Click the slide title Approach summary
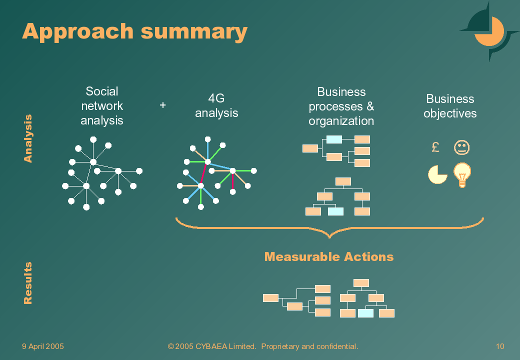[x=134, y=32]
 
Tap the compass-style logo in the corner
[x=489, y=31]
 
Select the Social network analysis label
[x=102, y=105]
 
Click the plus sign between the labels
[x=162, y=105]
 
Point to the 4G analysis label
[x=216, y=105]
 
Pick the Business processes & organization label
[x=341, y=106]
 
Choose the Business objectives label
[x=450, y=106]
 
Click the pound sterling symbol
[x=435, y=147]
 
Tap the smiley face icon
[x=461, y=147]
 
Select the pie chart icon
[x=437, y=174]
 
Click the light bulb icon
[x=462, y=174]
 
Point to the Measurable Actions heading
[x=329, y=257]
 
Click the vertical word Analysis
[x=28, y=138]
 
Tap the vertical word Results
[x=28, y=283]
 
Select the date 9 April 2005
[x=43, y=346]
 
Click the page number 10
[x=500, y=346]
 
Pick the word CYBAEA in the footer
[x=211, y=346]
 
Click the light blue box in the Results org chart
[x=366, y=313]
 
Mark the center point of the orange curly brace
[x=329, y=236]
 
